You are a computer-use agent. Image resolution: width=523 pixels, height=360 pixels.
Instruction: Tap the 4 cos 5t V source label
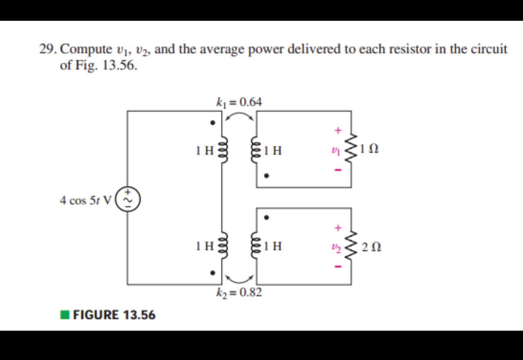click(x=85, y=201)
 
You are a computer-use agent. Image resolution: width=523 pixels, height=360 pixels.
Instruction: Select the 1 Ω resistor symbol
click(x=351, y=149)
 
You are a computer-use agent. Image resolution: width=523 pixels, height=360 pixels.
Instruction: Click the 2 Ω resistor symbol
click(x=351, y=246)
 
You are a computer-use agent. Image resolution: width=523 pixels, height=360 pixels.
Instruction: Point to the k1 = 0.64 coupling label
click(x=239, y=102)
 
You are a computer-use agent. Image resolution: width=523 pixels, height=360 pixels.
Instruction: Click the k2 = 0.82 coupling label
click(x=239, y=292)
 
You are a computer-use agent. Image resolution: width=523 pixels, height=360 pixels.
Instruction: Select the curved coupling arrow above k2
click(x=239, y=279)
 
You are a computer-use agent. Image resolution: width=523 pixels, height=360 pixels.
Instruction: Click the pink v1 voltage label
click(x=336, y=150)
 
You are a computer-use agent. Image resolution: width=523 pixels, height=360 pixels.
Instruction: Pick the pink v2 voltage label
click(x=336, y=247)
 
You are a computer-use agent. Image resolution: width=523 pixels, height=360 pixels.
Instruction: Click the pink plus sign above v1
click(x=337, y=131)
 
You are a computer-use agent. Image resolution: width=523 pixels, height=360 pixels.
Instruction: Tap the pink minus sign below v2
click(x=337, y=267)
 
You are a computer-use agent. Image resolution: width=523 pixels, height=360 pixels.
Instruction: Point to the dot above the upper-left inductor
click(x=212, y=122)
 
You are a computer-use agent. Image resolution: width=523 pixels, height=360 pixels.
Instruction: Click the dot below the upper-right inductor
click(x=266, y=176)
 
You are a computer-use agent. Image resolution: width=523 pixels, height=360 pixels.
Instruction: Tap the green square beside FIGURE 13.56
click(x=65, y=315)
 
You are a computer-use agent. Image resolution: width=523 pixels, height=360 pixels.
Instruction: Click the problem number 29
click(x=48, y=49)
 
